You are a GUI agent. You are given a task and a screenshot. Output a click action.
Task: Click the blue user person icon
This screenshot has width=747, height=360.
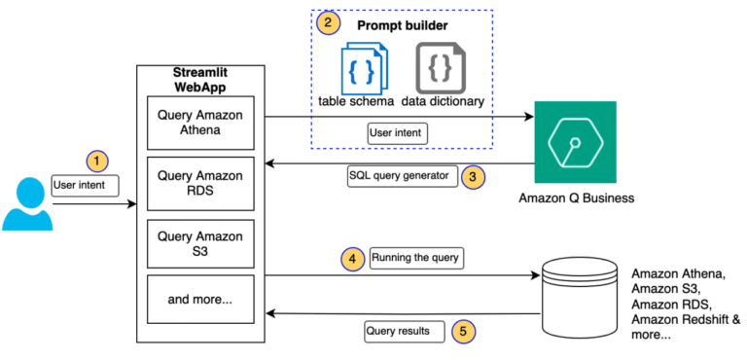tap(26, 201)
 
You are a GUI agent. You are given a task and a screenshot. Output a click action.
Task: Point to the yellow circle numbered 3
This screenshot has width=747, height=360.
tap(472, 177)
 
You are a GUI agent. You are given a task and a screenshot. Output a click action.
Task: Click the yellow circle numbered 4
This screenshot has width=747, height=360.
tap(351, 259)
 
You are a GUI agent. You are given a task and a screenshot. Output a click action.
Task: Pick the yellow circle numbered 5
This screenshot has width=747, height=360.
tap(465, 330)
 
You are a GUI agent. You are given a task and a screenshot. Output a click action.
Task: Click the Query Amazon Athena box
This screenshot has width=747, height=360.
tap(200, 123)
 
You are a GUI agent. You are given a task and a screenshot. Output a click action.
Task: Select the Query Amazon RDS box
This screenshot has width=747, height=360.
tap(200, 182)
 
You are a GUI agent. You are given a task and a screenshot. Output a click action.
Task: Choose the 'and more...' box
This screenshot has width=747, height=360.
tap(200, 299)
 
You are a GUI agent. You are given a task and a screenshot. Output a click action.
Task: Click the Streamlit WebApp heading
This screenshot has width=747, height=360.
tap(200, 80)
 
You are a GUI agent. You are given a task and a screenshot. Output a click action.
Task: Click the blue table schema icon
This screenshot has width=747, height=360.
tap(362, 67)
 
